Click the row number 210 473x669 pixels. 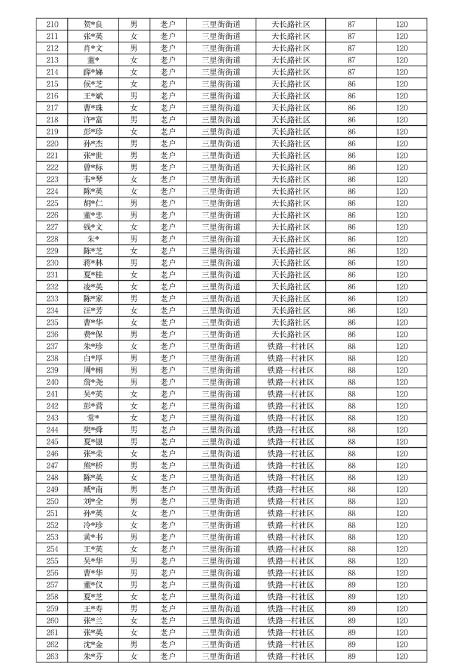click(x=52, y=24)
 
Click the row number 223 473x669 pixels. click(x=52, y=179)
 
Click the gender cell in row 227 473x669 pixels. click(x=134, y=227)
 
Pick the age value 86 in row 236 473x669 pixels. click(x=351, y=335)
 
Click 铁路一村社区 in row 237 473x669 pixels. click(x=291, y=346)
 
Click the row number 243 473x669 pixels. click(x=52, y=418)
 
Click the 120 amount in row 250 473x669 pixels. click(x=402, y=501)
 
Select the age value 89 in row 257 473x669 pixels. click(x=351, y=585)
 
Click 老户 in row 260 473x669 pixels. click(x=168, y=621)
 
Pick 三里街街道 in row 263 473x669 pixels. click(x=221, y=656)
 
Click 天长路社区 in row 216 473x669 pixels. click(x=291, y=96)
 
